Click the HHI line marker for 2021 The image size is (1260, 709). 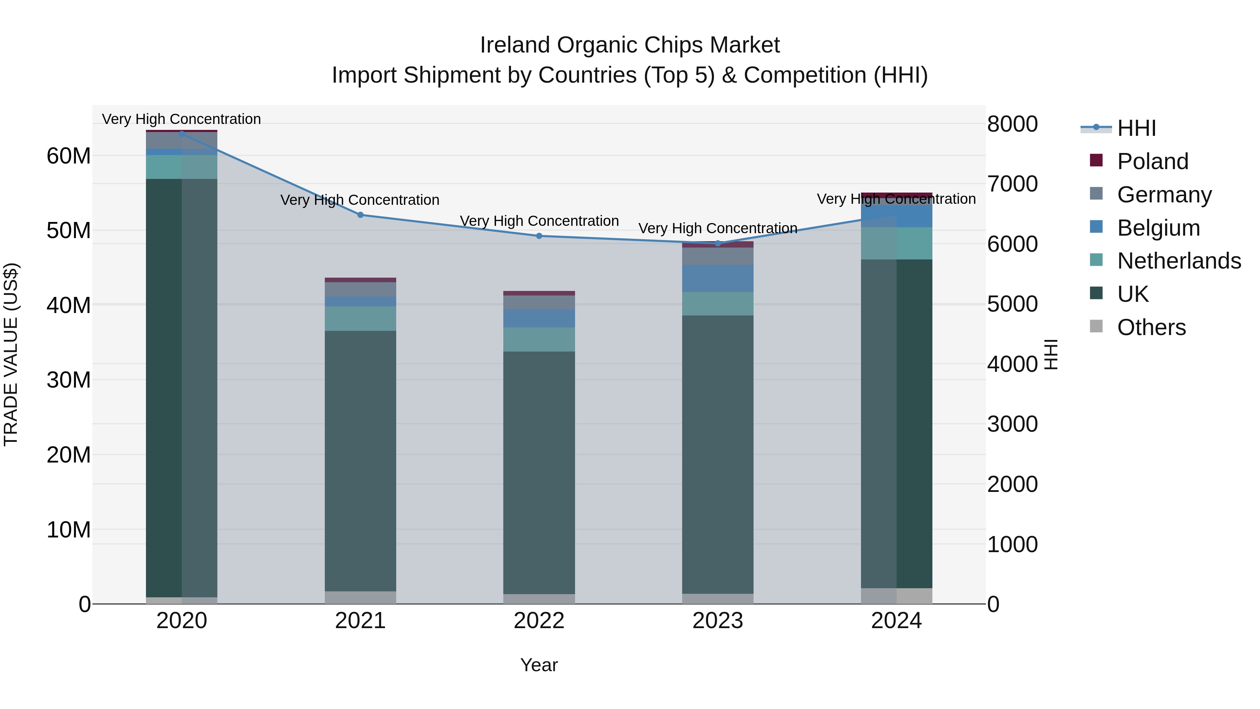(360, 215)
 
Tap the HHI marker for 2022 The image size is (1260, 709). (539, 236)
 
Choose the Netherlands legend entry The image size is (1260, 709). (1178, 261)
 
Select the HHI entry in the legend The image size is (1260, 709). (1136, 128)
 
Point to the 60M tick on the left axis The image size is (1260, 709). (69, 156)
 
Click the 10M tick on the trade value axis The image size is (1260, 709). (69, 529)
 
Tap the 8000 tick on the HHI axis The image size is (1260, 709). (1012, 124)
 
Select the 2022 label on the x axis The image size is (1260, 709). (539, 621)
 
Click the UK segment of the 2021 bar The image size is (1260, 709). (360, 460)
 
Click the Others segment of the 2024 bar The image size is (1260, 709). (897, 596)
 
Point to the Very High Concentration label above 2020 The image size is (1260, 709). (181, 119)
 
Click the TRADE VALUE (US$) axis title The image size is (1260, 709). (11, 354)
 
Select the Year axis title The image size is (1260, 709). (539, 665)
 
